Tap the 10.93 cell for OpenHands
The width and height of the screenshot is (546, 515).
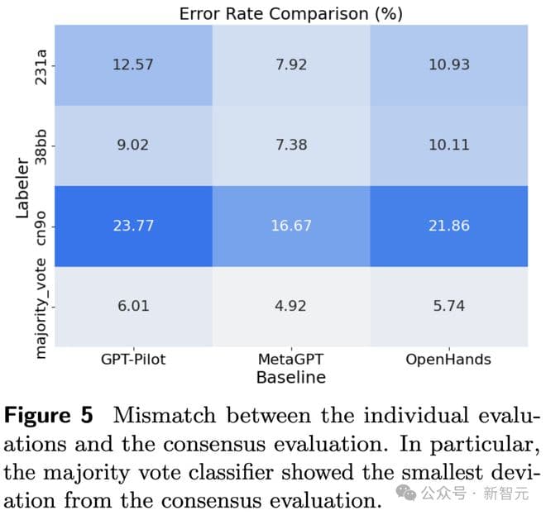(448, 64)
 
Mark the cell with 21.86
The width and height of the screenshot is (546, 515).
(448, 225)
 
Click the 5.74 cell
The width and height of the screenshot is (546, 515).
(448, 305)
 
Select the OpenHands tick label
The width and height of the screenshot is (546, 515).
(448, 360)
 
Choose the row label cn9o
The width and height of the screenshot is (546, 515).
(41, 225)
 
